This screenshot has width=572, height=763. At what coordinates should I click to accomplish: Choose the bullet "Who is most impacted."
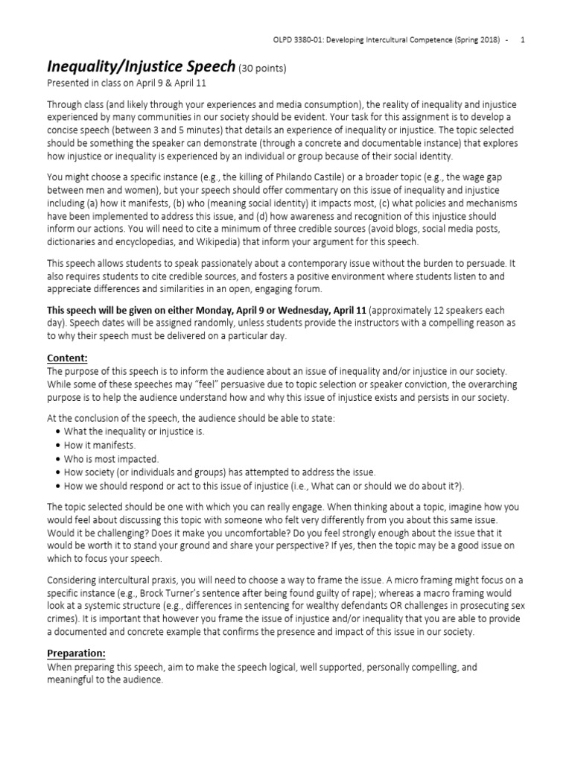tap(112, 459)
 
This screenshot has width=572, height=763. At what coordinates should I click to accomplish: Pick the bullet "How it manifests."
tap(101, 446)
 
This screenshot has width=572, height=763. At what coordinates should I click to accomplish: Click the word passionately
tap(218, 262)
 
